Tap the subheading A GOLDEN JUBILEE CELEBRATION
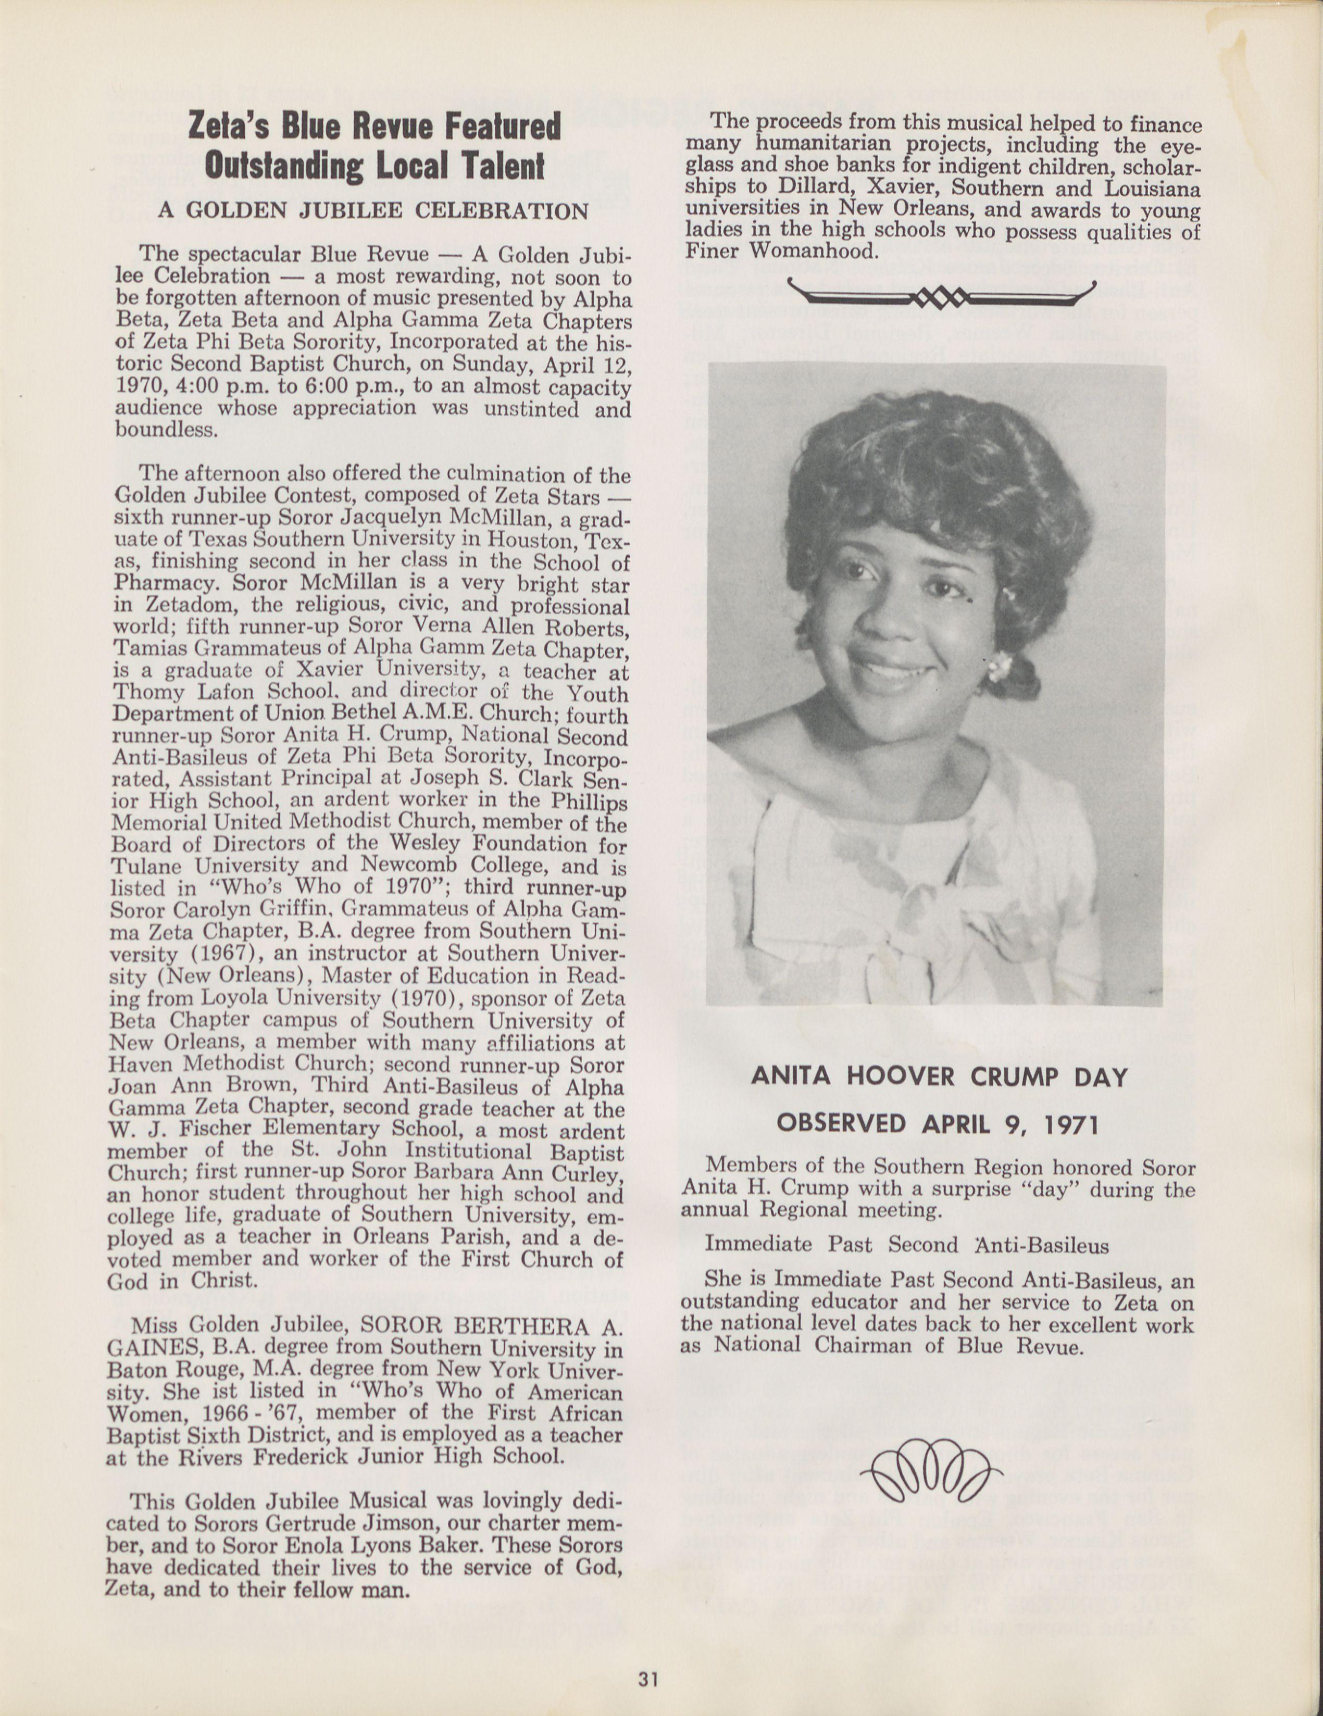tap(372, 211)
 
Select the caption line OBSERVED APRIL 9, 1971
tap(937, 1123)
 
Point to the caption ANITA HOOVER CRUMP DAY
tap(939, 1076)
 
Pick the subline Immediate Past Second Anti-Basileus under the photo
tap(907, 1245)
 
